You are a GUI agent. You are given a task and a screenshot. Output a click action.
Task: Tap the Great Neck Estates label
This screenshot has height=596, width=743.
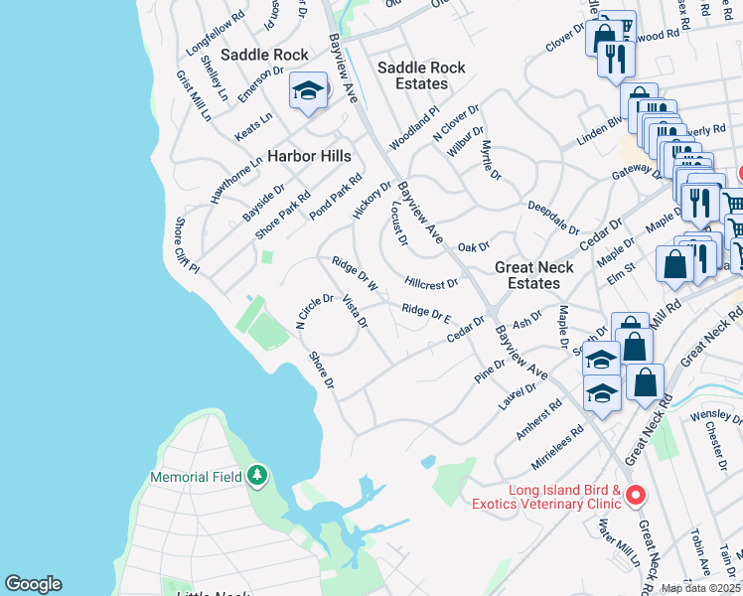coord(534,275)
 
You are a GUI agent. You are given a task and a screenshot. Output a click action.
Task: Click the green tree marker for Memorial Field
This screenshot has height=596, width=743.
coord(257,476)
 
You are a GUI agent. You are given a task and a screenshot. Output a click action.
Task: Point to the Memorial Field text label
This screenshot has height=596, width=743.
coord(196,477)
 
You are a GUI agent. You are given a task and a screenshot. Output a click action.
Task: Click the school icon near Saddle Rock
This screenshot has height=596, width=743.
coord(309,92)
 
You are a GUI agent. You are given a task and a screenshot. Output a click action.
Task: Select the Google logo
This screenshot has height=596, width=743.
coord(33,584)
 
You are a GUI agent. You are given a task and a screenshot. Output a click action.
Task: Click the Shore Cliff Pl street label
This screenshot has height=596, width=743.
coord(188,246)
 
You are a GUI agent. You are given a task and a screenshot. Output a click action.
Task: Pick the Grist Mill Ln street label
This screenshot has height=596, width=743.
coord(193,95)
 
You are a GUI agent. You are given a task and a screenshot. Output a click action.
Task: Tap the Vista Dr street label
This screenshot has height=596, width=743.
coord(355,311)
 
